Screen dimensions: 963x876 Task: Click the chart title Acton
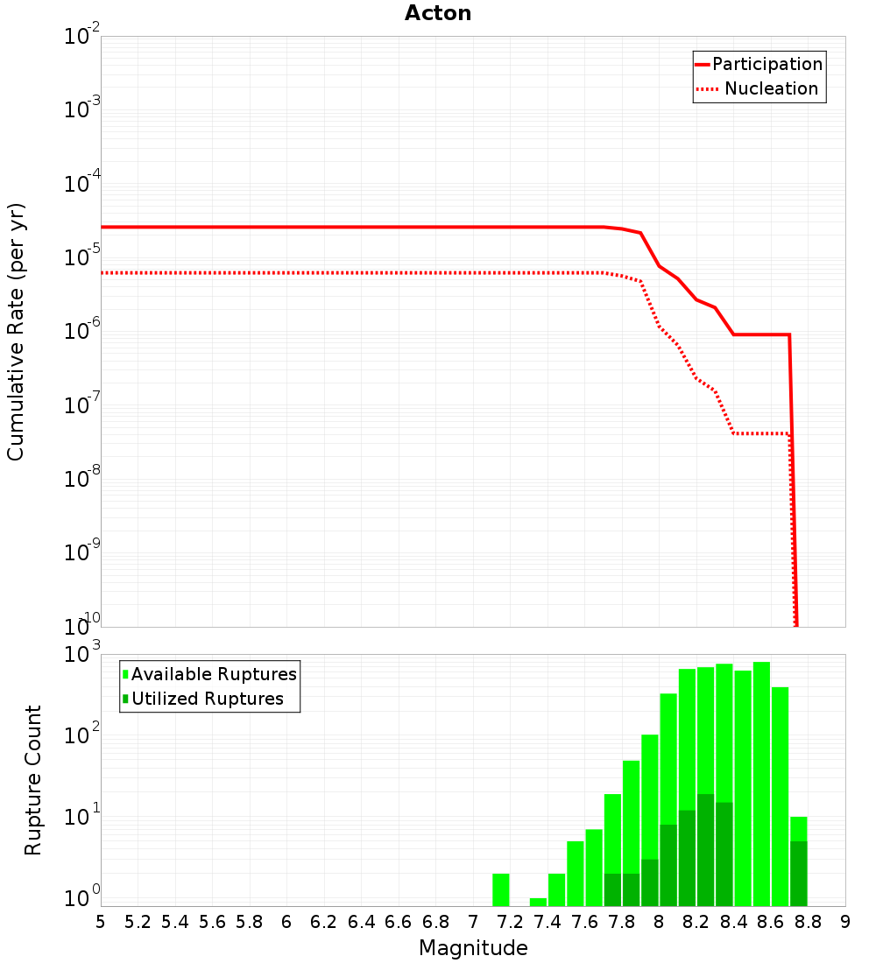click(x=438, y=14)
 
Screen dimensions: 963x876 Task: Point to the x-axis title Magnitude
click(x=473, y=948)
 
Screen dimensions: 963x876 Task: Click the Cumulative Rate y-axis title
click(x=16, y=332)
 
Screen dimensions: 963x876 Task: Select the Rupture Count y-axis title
click(x=33, y=779)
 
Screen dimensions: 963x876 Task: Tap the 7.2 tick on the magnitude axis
click(x=510, y=922)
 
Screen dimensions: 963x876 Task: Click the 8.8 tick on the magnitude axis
click(x=808, y=922)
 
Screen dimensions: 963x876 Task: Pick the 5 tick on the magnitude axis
click(x=101, y=922)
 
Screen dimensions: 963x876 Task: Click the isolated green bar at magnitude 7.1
click(x=501, y=889)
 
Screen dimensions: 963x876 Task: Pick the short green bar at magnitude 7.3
click(x=538, y=902)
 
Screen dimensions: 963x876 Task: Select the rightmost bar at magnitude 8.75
click(x=798, y=862)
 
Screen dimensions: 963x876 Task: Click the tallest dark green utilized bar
click(x=705, y=849)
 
